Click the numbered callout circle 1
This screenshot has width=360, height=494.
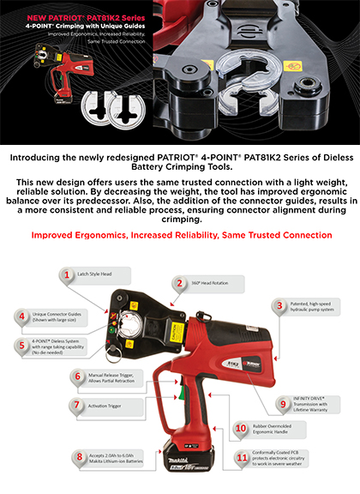point(64,275)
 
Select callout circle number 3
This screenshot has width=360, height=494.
point(279,305)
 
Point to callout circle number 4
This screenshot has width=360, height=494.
point(21,316)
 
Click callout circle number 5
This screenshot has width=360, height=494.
point(21,345)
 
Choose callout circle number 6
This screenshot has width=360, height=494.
point(77,377)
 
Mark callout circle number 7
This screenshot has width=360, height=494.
point(77,404)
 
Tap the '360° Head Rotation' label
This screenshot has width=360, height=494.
point(212,282)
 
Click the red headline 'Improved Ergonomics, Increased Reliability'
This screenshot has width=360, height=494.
point(180,235)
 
